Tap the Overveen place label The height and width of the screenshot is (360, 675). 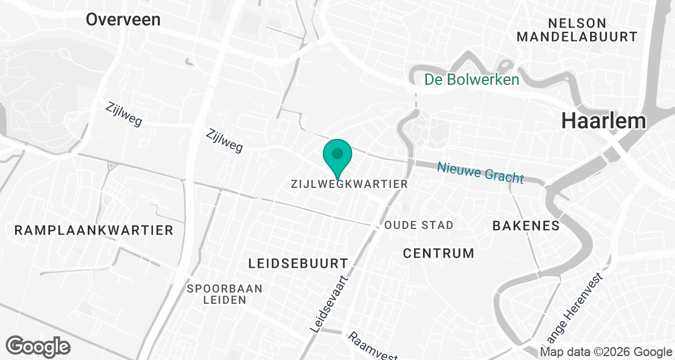click(123, 20)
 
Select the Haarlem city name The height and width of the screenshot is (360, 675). click(603, 121)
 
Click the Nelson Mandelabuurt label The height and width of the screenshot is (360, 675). click(577, 30)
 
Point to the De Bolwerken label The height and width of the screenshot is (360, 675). click(472, 80)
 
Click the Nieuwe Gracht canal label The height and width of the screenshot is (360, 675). click(480, 172)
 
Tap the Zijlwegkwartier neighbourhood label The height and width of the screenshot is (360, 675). click(349, 184)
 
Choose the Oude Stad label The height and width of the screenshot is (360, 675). click(419, 225)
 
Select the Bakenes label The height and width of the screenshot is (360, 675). click(526, 226)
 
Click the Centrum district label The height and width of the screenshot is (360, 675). click(439, 253)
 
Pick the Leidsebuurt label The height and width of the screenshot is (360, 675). click(299, 263)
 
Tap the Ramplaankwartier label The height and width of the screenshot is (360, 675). click(94, 230)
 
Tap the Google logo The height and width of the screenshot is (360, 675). click(38, 346)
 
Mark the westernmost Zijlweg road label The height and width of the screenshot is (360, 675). click(124, 114)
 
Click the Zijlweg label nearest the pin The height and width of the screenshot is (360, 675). click(224, 141)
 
